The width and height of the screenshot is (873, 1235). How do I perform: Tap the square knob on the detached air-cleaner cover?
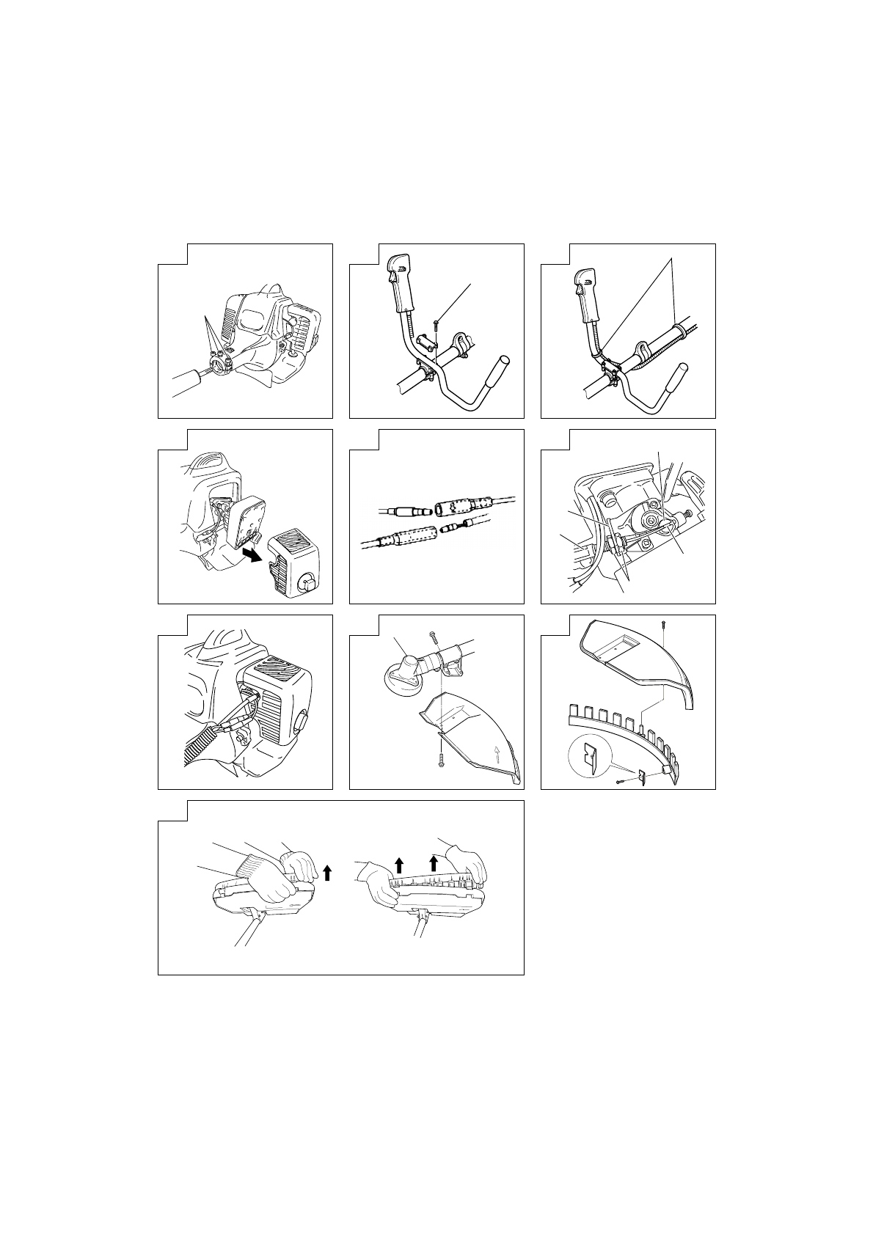pyautogui.click(x=308, y=582)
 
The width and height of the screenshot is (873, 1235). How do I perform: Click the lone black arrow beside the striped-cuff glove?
pyautogui.click(x=327, y=871)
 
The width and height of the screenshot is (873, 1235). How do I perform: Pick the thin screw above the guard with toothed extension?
pyautogui.click(x=664, y=625)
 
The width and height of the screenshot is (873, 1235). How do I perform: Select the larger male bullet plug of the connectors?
pyautogui.click(x=407, y=506)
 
